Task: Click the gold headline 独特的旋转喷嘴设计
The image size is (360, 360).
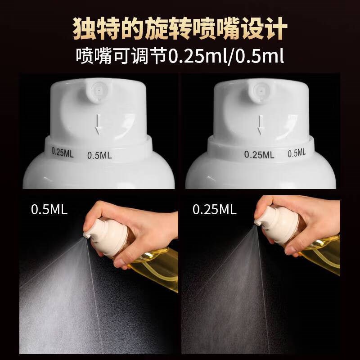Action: (180, 28)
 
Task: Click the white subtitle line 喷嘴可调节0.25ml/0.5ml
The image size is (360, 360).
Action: (180, 56)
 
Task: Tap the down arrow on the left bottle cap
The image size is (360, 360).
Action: (98, 124)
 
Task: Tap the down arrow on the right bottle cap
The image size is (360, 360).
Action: (261, 125)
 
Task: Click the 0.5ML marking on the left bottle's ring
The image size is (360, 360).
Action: (99, 155)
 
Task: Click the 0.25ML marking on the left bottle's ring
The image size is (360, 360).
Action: (63, 152)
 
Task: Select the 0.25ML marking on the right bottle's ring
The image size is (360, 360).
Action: (259, 155)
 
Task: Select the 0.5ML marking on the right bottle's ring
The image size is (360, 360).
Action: (297, 153)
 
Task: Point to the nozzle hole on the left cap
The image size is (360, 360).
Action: (99, 91)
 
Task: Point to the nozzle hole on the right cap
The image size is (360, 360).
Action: (261, 91)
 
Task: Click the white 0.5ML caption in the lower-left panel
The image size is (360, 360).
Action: (49, 210)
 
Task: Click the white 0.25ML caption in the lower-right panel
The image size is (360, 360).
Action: (215, 210)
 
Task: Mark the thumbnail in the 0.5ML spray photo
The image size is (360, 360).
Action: (119, 262)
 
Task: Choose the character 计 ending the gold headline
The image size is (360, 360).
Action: (277, 28)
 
